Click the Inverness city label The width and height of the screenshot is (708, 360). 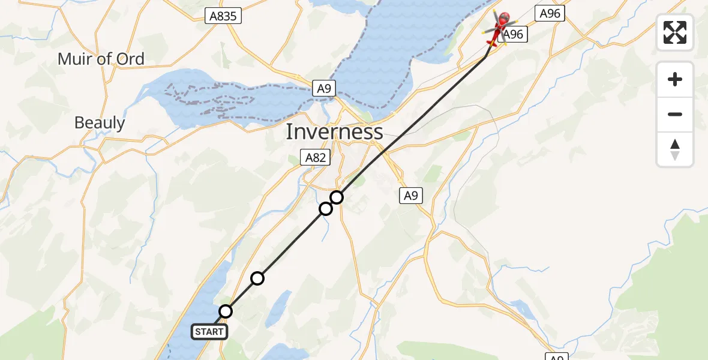point(334,131)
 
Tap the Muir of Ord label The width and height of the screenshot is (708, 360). point(101,59)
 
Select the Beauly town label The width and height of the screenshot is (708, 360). point(100,123)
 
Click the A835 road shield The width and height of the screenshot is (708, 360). point(223,16)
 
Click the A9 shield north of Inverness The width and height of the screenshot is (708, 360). point(323,89)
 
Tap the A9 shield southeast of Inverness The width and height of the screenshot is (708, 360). point(410,195)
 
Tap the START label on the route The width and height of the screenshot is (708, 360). point(209,332)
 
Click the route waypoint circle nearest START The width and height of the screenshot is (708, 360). point(226,311)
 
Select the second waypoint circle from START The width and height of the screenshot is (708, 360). point(257,278)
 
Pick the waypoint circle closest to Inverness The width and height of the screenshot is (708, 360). point(337,197)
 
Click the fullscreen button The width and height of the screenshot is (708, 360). point(675,32)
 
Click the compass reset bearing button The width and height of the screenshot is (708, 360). point(675,149)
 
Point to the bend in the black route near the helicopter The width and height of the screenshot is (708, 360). point(485,57)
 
